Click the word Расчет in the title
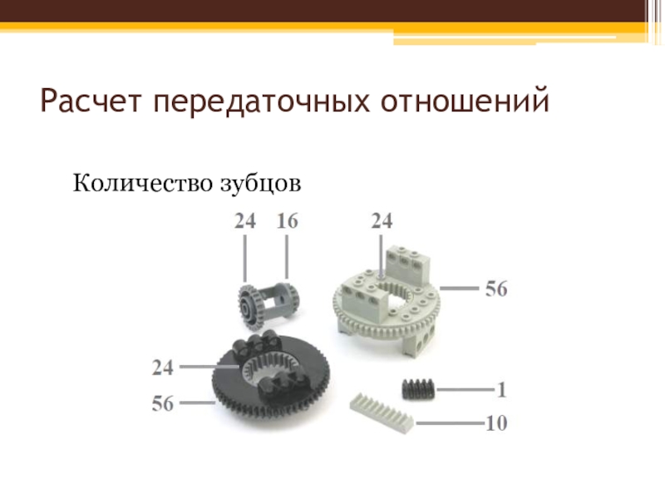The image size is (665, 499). point(91,100)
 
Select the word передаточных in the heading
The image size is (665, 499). point(261,101)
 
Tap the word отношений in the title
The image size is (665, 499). point(465,100)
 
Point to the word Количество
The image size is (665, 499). point(143,183)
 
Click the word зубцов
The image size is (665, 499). point(261,185)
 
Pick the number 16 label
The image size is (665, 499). point(287,221)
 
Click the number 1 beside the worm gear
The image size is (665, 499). point(501,389)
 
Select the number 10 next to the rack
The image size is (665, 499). point(496,423)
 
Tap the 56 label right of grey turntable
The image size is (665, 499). point(496,289)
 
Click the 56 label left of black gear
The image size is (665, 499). point(163,403)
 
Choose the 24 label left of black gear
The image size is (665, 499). point(163,368)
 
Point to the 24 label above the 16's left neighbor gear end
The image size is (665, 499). point(245,221)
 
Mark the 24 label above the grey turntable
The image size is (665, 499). point(382,221)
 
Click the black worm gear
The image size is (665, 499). point(418,388)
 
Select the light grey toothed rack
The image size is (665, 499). point(382,413)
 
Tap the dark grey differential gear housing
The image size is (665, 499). point(268,304)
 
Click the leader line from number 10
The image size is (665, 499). point(450,423)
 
